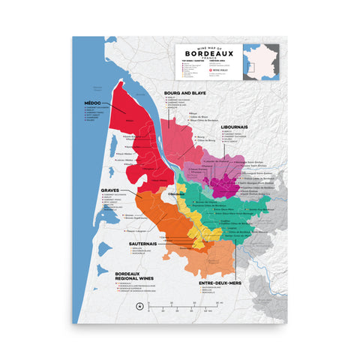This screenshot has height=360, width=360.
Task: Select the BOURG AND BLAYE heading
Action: [184, 93]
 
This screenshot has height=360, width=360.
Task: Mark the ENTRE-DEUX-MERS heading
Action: [220, 284]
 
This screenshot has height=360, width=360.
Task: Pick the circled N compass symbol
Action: [139, 306]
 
